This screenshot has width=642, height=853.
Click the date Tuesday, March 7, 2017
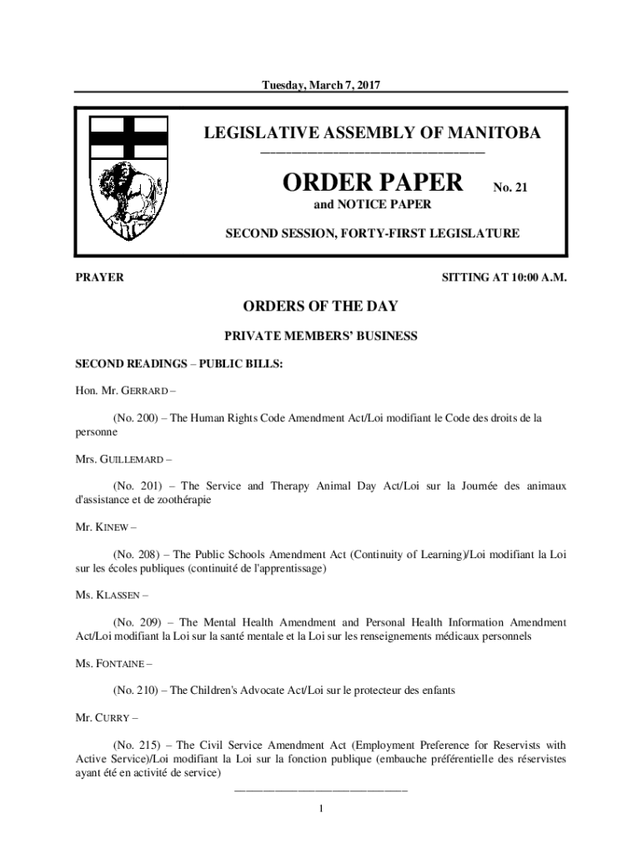coord(321,85)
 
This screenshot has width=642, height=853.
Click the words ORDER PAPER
coord(371,181)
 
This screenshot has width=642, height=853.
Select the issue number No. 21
coord(510,187)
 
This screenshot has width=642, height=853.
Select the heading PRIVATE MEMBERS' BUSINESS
coord(321,337)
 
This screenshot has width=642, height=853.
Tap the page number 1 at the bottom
coord(321,808)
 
